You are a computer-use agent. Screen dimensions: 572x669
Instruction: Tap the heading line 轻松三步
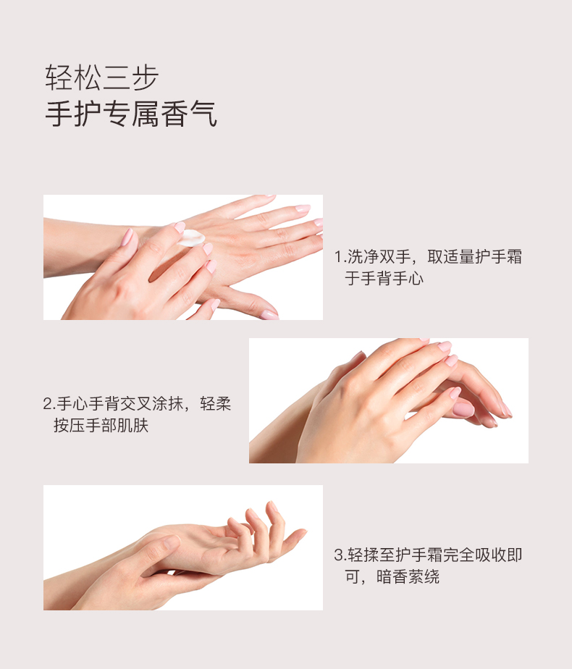(102, 77)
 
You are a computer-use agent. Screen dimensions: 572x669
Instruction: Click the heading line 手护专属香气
(131, 114)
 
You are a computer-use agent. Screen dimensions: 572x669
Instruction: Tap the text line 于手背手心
(384, 279)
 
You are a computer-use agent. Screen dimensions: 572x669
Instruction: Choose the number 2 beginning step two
(47, 403)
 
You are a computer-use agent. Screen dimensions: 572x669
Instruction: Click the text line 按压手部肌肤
(101, 426)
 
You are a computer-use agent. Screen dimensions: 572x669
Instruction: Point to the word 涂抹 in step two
(168, 403)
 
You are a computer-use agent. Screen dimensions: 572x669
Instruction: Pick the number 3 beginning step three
(339, 555)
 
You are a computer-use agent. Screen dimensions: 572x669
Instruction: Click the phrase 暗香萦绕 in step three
(408, 577)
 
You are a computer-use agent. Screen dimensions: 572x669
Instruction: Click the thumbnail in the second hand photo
(463, 410)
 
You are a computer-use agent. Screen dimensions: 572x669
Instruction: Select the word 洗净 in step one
(363, 257)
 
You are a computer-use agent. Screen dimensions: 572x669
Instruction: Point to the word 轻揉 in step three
(363, 555)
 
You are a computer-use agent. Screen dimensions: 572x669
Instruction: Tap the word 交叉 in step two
(136, 403)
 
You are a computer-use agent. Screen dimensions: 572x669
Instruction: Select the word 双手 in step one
(395, 257)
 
